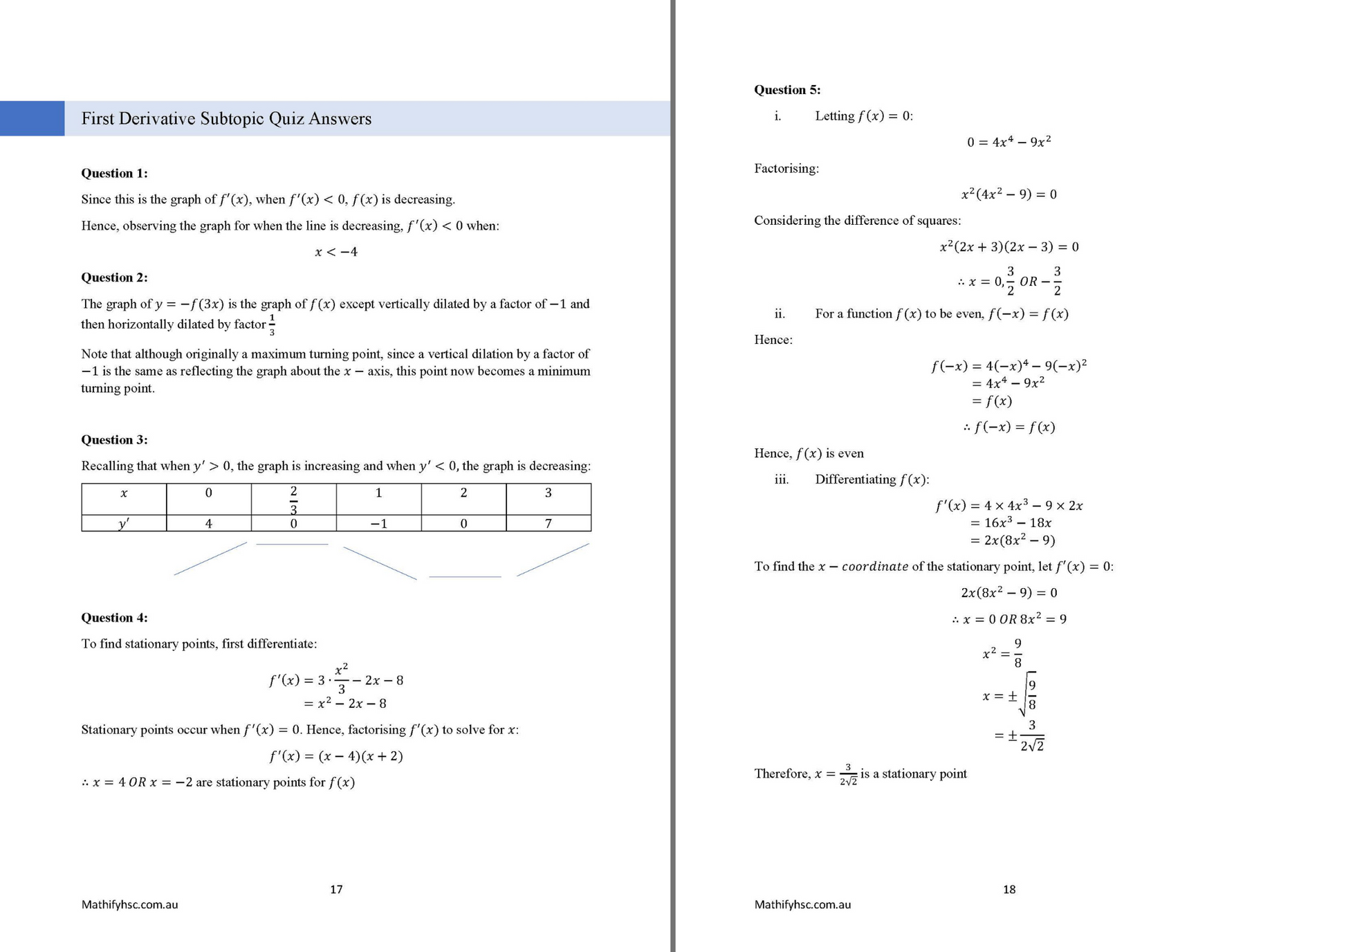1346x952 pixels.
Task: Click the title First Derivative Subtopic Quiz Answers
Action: [x=226, y=118]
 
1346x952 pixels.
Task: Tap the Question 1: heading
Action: [x=114, y=173]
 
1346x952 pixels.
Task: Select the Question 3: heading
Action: [x=114, y=439]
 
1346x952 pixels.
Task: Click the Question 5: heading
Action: [x=787, y=89]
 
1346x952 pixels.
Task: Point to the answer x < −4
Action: [x=336, y=252]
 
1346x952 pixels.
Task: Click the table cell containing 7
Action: [x=548, y=524]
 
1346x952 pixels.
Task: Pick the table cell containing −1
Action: [x=378, y=524]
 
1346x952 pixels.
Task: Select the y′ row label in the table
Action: [x=124, y=524]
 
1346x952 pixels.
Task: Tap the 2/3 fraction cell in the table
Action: [x=293, y=499]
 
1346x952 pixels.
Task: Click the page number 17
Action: [x=336, y=889]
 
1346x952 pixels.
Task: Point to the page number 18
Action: [x=1009, y=889]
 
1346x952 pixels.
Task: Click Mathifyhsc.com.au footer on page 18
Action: [x=802, y=904]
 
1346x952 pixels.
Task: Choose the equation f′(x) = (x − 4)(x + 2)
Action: [x=336, y=756]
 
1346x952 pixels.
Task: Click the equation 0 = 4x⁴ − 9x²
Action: [x=1009, y=142]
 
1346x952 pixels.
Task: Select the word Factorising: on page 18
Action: [x=786, y=168]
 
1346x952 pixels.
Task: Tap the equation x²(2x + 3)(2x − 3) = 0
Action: [x=1009, y=247]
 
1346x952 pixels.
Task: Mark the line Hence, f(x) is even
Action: [x=809, y=453]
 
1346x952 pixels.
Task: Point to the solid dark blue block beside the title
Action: [x=32, y=118]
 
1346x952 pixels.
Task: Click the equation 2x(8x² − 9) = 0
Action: [x=1009, y=593]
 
